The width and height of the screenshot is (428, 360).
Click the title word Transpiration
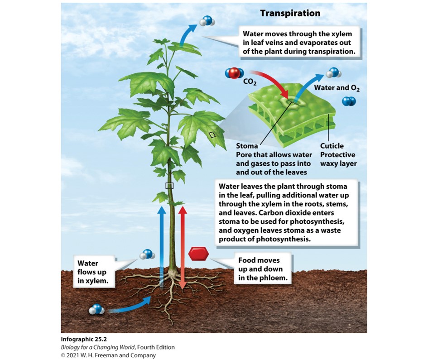tap(290, 13)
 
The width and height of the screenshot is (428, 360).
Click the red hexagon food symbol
tap(198, 254)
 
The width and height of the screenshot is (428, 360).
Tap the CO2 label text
tap(250, 82)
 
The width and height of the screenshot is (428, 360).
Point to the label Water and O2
tap(341, 88)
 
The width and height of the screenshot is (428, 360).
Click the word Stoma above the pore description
tap(247, 146)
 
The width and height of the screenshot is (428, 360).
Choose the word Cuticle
tap(332, 146)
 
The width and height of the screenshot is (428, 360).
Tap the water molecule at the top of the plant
tap(207, 20)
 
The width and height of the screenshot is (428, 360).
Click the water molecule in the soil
tap(96, 310)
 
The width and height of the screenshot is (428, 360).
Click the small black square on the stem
tap(169, 185)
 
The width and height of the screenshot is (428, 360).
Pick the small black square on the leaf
tap(212, 134)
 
